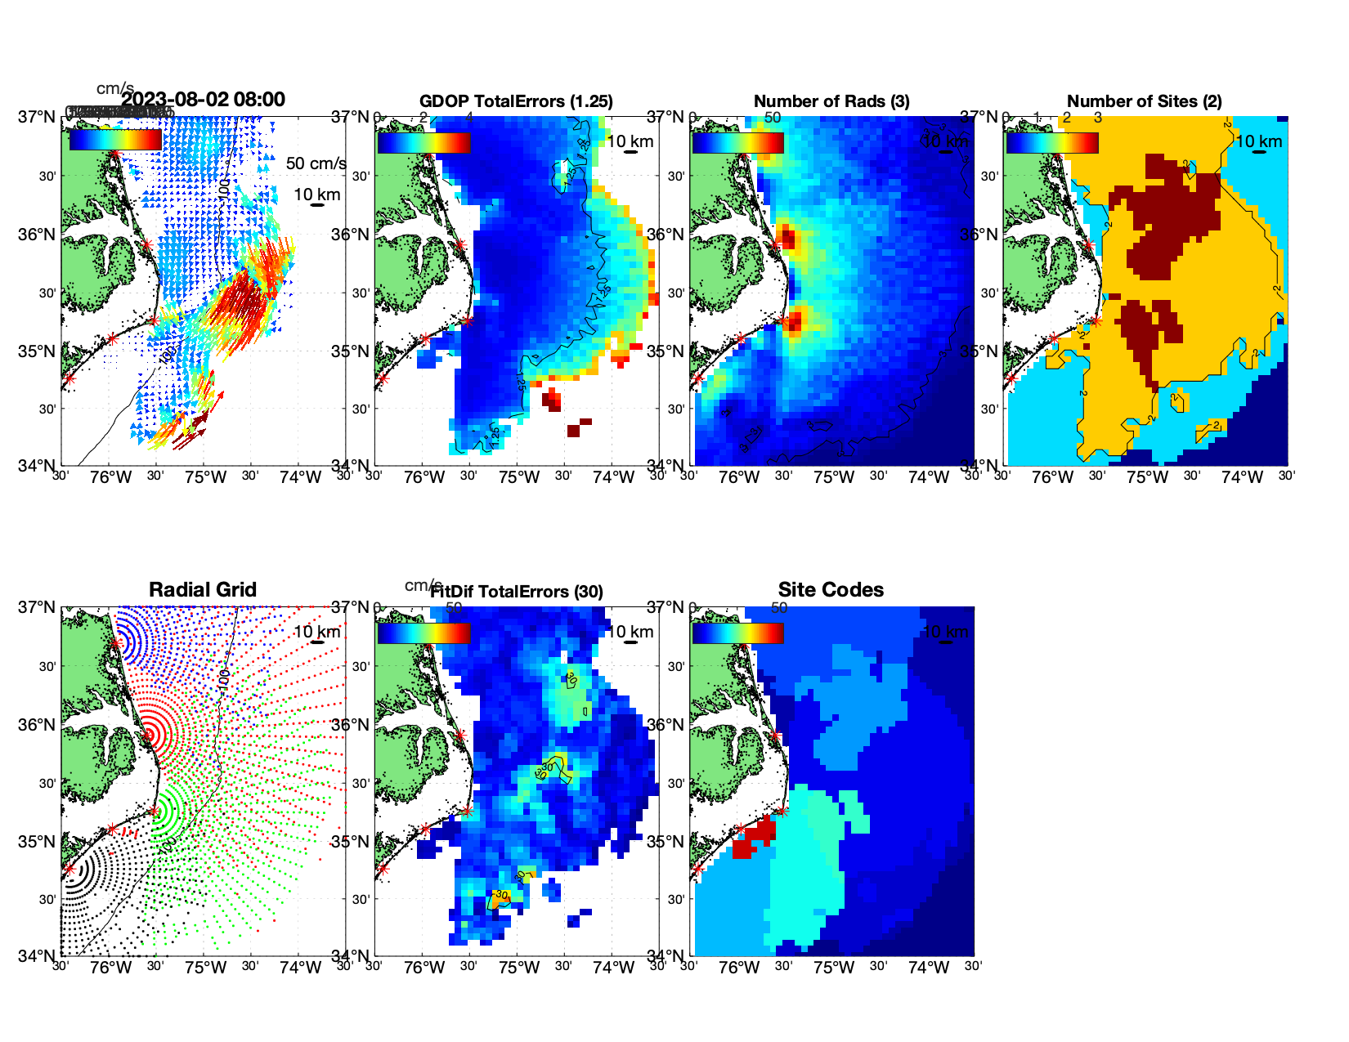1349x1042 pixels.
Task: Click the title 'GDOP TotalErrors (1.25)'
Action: [516, 101]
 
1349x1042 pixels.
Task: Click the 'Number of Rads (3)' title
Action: [831, 101]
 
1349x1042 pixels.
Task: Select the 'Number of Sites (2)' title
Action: [1144, 101]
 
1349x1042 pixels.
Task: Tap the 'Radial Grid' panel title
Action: [203, 590]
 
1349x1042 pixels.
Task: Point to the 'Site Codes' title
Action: [831, 590]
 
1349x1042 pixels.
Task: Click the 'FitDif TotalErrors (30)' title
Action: [517, 592]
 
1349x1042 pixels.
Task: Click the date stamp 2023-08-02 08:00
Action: [203, 100]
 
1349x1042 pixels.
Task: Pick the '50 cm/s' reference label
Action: [316, 163]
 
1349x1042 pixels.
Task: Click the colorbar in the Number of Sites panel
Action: [1052, 142]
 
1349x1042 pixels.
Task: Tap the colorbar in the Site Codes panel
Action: [738, 633]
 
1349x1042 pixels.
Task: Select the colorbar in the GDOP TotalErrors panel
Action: [424, 142]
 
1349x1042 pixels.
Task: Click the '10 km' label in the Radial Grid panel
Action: [316, 632]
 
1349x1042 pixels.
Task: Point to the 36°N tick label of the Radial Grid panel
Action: [36, 725]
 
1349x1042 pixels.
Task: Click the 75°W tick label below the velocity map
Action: [205, 477]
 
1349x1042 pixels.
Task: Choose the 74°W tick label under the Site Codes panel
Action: [928, 968]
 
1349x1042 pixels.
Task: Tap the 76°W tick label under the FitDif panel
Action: [424, 968]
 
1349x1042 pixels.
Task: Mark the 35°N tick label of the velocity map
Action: [36, 351]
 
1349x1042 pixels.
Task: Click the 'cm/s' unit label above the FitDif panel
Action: [423, 585]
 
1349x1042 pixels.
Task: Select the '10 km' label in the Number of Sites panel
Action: [1258, 141]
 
